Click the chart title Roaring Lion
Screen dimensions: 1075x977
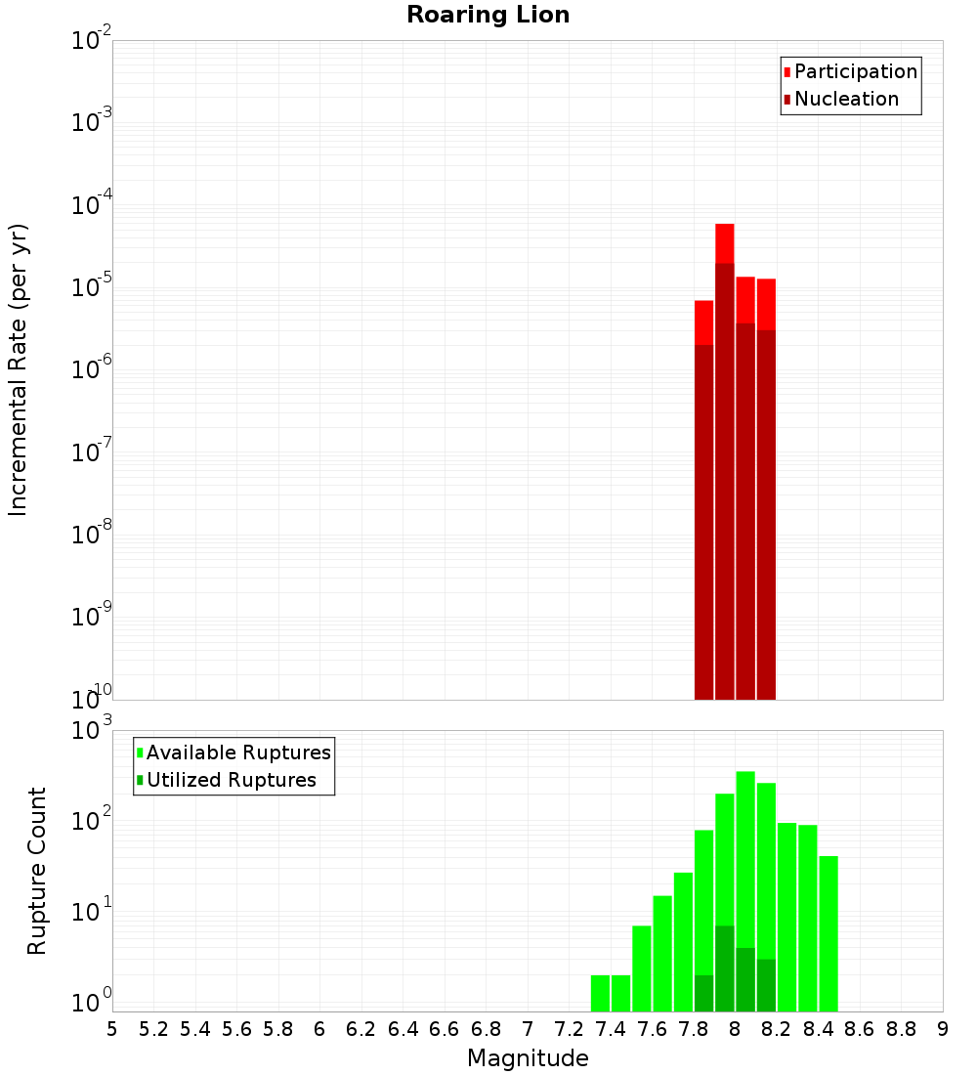(488, 15)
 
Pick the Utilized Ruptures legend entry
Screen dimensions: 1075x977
(231, 780)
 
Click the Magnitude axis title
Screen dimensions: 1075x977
(528, 1058)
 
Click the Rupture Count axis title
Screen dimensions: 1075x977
(37, 870)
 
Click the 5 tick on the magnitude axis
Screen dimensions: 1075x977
(112, 1029)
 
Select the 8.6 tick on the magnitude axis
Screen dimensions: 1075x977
(860, 1029)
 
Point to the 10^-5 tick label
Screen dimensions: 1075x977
(92, 287)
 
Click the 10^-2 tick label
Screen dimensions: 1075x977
(92, 41)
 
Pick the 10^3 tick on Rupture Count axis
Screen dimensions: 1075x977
(92, 731)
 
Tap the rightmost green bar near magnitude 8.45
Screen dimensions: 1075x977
(828, 928)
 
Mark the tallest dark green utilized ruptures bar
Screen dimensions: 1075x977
(724, 967)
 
